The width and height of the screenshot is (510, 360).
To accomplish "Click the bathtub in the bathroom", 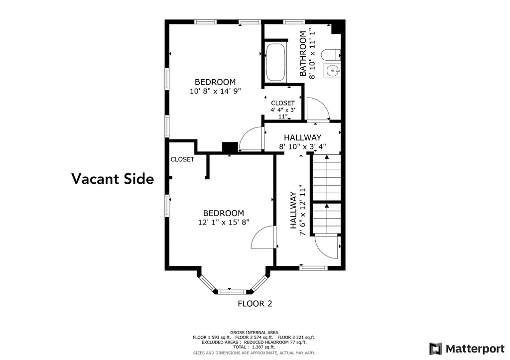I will pos(275,63).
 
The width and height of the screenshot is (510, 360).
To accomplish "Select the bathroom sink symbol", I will pos(332,71).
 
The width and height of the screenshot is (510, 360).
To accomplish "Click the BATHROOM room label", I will pos(302,54).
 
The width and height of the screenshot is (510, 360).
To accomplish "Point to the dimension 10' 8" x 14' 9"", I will pos(215,91).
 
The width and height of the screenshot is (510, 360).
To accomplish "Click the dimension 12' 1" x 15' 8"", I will pos(223,222).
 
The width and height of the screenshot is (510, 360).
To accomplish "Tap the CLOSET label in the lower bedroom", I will pos(182,160).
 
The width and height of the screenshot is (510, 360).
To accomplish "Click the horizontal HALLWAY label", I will pos(302,137).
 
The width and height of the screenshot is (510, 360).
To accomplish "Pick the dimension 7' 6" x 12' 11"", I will pos(302,211).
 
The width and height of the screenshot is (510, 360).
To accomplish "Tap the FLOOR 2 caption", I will pos(255,303).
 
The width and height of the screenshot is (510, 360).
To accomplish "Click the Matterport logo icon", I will pos(436,348).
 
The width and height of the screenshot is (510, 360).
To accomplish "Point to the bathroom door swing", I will pos(316,109).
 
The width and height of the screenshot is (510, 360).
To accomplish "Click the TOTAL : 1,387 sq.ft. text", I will pos(254,347).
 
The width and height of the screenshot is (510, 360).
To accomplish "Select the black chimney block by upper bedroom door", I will pos(230,147).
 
